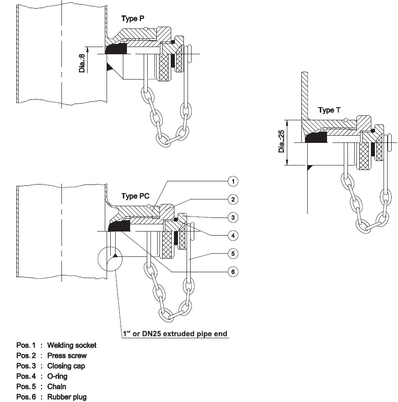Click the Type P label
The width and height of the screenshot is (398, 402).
133,19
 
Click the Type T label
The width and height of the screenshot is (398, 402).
332,110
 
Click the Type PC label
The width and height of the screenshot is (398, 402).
136,196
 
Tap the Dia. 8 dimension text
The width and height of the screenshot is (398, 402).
82,63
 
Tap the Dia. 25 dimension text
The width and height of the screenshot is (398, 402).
282,141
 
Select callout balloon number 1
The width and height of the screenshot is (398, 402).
233,181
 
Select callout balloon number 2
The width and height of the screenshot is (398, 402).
233,199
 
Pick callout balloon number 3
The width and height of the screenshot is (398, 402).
233,218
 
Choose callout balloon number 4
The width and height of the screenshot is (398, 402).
233,236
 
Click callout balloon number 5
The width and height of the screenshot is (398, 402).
233,254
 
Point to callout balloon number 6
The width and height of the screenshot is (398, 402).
233,272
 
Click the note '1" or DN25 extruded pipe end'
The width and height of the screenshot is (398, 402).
175,334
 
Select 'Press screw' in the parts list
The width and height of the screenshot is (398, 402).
67,356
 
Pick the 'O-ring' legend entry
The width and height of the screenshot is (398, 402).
57,376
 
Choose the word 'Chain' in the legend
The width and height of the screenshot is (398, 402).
56,387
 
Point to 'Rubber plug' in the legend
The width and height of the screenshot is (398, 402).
67,397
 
